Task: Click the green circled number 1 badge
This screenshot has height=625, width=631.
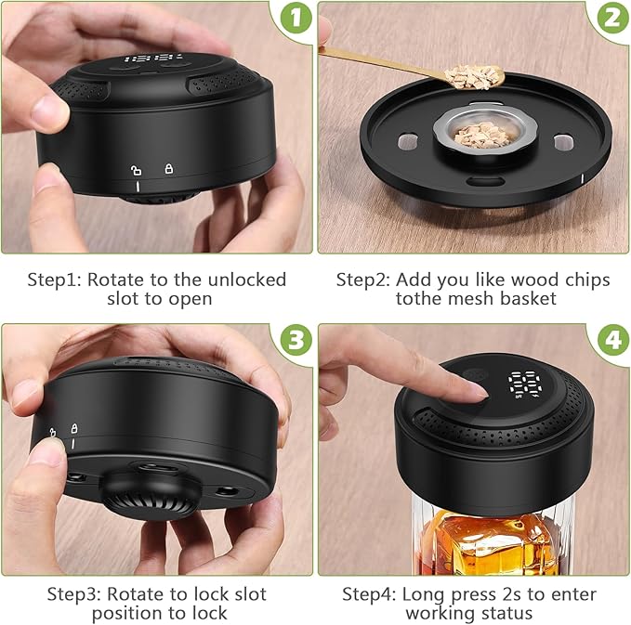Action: [296, 18]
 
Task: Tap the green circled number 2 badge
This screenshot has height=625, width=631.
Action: [612, 18]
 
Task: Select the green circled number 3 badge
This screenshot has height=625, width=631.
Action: [296, 340]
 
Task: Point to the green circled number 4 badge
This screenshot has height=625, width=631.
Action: [612, 340]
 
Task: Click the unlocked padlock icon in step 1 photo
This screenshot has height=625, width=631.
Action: [136, 170]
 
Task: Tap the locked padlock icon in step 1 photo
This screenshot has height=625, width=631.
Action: [169, 168]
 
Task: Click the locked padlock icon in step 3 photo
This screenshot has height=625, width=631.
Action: [74, 428]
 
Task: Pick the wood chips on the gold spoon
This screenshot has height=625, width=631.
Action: [472, 76]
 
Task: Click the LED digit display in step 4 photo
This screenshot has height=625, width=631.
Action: [525, 384]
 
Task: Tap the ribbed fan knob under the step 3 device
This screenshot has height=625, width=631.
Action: [151, 494]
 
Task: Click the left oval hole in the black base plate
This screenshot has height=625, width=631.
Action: [408, 141]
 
